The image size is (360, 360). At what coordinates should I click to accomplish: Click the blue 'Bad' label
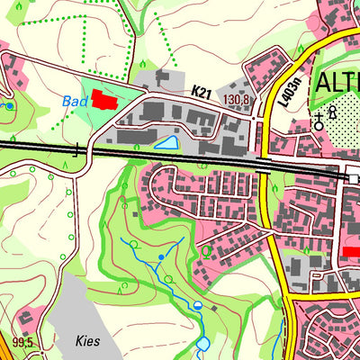pyautogui.click(x=76, y=102)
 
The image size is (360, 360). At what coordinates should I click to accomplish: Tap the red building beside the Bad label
pyautogui.click(x=104, y=100)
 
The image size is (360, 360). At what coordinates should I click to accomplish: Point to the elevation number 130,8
pyautogui.click(x=236, y=99)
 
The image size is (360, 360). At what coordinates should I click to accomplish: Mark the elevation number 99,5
pyautogui.click(x=22, y=342)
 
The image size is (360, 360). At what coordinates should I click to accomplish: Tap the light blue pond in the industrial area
pyautogui.click(x=166, y=142)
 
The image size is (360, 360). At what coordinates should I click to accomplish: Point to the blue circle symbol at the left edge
pyautogui.click(x=9, y=106)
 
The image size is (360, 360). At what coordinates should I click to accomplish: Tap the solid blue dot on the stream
pyautogui.click(x=161, y=257)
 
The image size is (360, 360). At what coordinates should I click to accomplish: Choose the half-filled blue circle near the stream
pyautogui.click(x=197, y=308)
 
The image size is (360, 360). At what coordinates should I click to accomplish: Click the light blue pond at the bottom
pyautogui.click(x=202, y=343)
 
